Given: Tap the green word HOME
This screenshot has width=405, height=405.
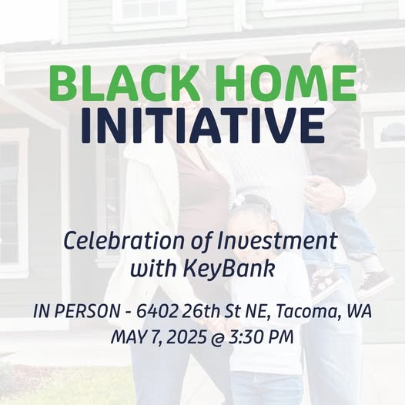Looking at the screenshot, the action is pos(288,83).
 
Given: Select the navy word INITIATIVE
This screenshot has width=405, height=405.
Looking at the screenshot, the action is pos(202,125).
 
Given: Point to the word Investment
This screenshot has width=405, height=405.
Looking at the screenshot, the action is pos(277,241).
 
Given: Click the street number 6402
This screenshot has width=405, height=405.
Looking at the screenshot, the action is pos(157,311).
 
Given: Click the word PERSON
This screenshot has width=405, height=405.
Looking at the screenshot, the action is pos(87,311).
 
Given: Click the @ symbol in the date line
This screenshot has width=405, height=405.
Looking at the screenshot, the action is pos(217,338).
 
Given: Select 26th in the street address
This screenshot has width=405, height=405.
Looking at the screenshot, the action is pos(201,311).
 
